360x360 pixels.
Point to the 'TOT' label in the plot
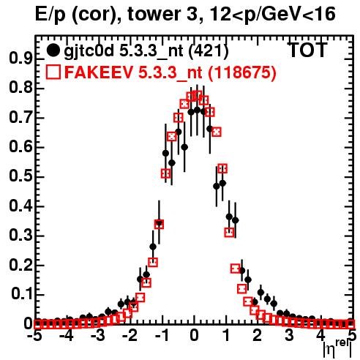click(x=307, y=50)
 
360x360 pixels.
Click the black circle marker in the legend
click(x=53, y=50)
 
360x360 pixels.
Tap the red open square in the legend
click(x=53, y=72)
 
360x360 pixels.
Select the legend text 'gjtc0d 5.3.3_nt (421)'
click(x=146, y=50)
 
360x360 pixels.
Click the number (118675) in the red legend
click(x=241, y=72)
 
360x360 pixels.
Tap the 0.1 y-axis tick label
click(x=21, y=294)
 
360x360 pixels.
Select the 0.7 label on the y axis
click(x=20, y=117)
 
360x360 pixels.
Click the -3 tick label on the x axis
click(x=98, y=335)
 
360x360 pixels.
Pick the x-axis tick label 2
click(x=258, y=335)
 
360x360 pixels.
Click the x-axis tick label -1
click(x=162, y=335)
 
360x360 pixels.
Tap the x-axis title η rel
click(x=337, y=348)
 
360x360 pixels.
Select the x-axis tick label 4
click(x=321, y=335)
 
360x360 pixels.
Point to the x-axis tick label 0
click(x=194, y=335)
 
